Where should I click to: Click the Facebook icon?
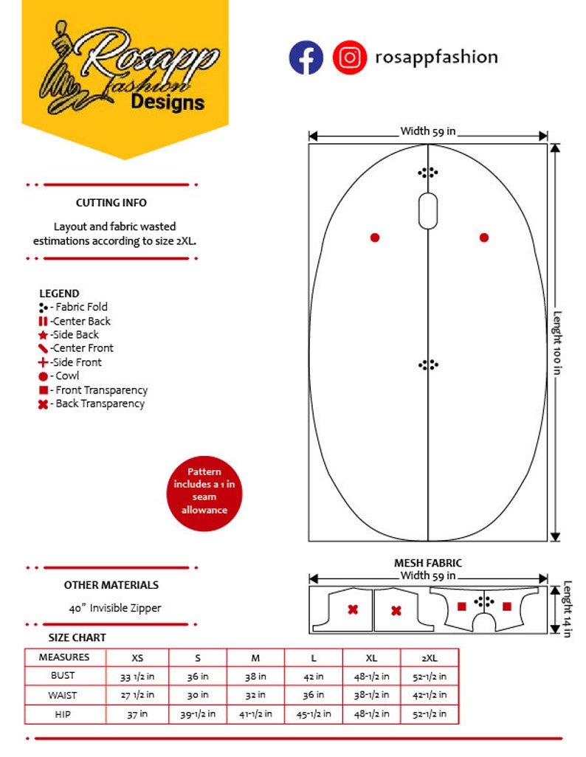click(306, 58)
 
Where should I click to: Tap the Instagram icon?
click(349, 58)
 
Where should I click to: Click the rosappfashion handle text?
click(436, 57)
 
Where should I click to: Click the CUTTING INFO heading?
click(111, 203)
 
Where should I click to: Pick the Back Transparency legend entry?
click(92, 404)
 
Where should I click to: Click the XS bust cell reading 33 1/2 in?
click(137, 676)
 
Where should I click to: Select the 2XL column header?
click(429, 657)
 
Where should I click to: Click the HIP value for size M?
click(255, 714)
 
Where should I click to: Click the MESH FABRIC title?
click(428, 564)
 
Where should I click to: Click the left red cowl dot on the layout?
click(375, 238)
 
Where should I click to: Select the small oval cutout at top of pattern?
click(428, 211)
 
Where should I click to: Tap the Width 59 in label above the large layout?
click(428, 131)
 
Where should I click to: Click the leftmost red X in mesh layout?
click(353, 609)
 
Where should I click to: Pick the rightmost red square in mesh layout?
click(507, 606)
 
